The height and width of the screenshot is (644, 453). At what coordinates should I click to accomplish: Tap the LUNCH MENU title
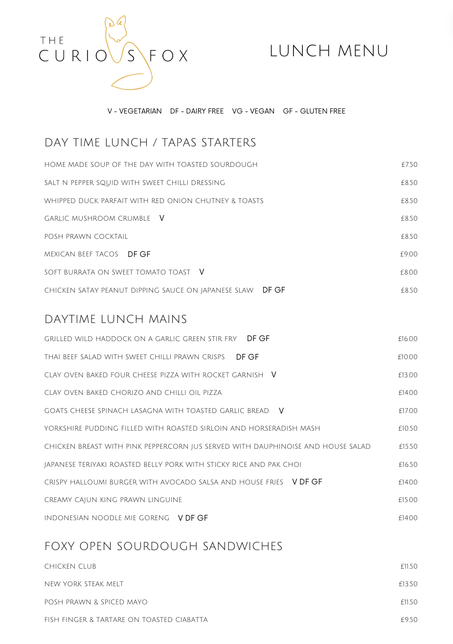329,51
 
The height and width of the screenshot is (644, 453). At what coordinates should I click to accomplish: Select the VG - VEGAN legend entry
253,111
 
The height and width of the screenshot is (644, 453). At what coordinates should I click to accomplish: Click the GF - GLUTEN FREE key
314,111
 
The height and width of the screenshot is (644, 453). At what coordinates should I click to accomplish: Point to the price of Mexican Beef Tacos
408,254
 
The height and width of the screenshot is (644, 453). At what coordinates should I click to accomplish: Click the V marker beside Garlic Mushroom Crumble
162,218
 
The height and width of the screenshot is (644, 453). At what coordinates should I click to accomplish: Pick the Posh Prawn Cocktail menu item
86,236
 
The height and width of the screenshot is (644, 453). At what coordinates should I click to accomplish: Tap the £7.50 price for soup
409,165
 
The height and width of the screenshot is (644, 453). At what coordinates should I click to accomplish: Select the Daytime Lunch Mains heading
115,319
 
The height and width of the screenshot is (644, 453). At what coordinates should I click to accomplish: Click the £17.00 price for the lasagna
408,411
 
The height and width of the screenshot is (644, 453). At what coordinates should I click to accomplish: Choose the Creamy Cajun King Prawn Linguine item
113,500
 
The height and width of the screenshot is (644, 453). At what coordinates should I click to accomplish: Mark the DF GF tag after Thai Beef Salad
248,357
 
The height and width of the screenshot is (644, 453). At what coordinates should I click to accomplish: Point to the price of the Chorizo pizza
408,393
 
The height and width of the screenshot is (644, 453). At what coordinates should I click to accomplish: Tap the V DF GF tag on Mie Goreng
193,518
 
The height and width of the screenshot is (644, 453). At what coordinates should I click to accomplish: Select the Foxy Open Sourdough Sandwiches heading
163,546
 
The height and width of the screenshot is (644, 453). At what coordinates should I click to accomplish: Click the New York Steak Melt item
84,584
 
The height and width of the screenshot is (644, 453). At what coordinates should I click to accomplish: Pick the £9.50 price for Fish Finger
409,620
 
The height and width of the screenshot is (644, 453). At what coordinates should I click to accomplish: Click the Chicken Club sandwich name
70,566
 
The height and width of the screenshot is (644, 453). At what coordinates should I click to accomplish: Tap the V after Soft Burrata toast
202,272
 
